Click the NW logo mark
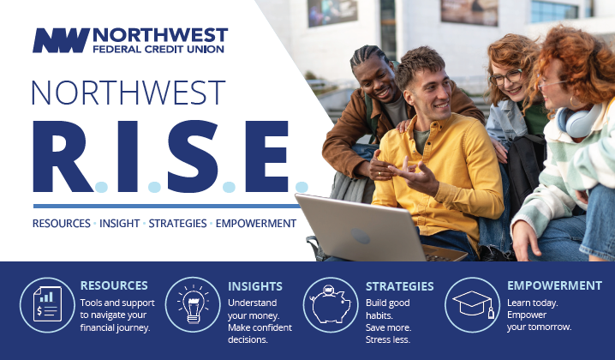(61, 40)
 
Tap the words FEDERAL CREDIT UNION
(158, 50)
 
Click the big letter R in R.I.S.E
(63, 156)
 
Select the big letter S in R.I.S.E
(193, 156)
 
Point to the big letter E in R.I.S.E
(266, 156)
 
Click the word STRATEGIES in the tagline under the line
(177, 224)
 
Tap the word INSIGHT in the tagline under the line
(119, 224)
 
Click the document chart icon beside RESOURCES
(47, 304)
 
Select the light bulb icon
(193, 304)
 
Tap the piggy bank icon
(331, 305)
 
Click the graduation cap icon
(473, 304)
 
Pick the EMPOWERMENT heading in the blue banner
(554, 285)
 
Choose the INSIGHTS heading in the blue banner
(255, 286)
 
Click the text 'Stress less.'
(388, 339)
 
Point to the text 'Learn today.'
(532, 303)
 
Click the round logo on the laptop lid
(361, 236)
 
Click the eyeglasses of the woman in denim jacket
(506, 77)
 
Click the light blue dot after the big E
(302, 187)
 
